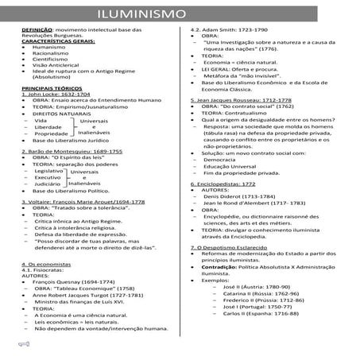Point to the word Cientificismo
52,59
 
